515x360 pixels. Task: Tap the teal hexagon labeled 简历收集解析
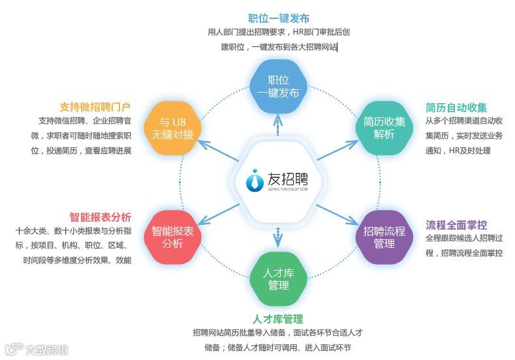384,128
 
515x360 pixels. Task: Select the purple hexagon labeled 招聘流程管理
384,237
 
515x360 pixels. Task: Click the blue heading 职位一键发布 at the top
279,18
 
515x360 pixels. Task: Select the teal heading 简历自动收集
456,108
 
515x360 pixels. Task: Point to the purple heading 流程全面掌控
456,225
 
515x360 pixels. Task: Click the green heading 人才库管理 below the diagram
279,319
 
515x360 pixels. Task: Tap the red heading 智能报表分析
101,217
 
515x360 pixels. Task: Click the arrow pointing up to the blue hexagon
279,124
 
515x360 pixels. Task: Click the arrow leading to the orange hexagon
219,149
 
